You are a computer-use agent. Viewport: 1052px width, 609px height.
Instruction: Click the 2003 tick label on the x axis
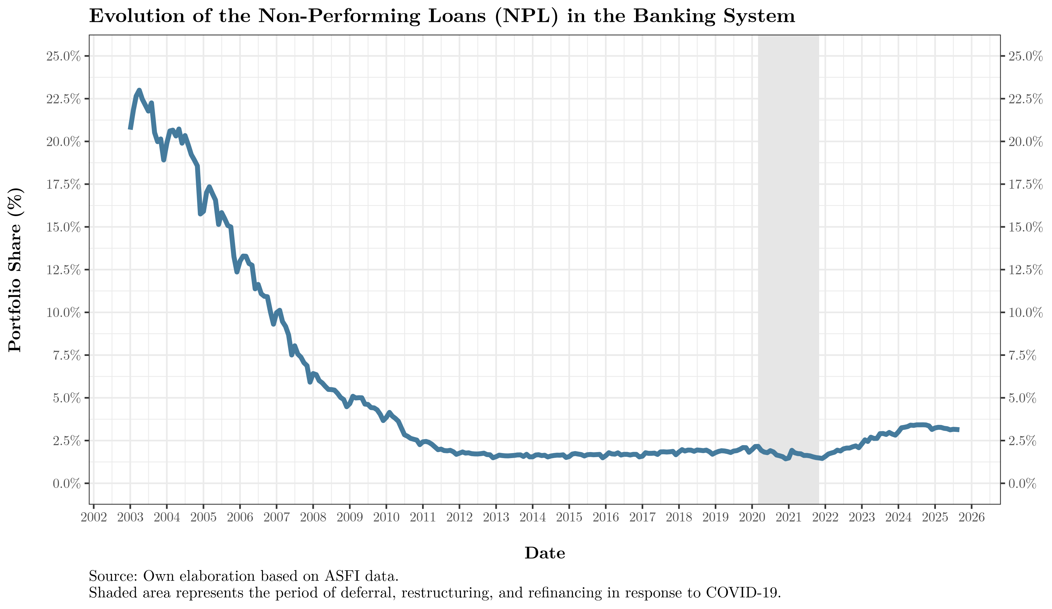[130, 518]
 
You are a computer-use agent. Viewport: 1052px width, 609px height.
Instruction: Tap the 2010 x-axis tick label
[386, 518]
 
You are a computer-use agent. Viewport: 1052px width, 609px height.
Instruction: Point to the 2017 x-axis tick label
[642, 518]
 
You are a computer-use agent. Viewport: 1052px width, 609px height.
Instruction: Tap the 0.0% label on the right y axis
[1022, 484]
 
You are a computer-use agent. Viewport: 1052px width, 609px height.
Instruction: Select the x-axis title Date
[545, 553]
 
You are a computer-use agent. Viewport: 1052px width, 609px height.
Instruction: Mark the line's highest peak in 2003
[139, 90]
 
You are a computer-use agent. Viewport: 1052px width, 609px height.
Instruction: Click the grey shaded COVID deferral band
[788, 267]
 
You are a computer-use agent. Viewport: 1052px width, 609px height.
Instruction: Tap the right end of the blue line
[958, 430]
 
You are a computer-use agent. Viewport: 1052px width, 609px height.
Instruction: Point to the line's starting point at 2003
[130, 128]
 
